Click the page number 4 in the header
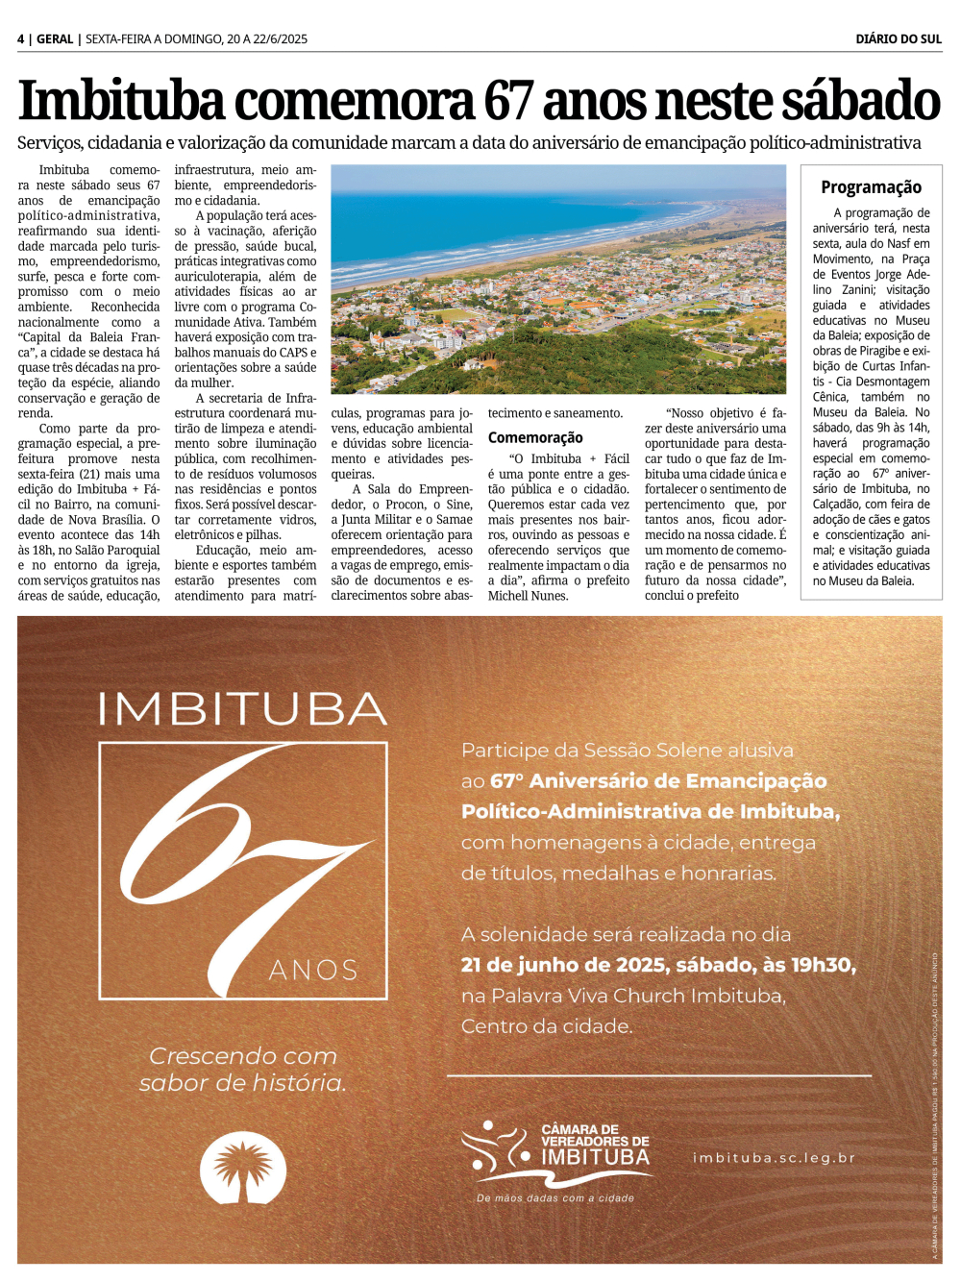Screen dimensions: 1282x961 point(21,39)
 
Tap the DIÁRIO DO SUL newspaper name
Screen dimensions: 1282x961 point(899,39)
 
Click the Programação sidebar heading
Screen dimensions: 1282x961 point(871,187)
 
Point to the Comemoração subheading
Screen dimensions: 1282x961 point(535,437)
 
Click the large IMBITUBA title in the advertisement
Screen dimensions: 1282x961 point(242,709)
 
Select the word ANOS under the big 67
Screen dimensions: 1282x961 point(313,971)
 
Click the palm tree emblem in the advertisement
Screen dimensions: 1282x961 point(243,1167)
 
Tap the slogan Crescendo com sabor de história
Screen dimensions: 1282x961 point(243,1070)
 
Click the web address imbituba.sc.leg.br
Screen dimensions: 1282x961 point(774,1158)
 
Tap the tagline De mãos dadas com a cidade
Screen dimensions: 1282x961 point(555,1198)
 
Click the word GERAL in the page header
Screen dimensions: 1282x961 point(55,39)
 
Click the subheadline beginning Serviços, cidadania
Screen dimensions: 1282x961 point(469,143)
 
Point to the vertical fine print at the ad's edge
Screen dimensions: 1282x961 point(934,1105)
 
